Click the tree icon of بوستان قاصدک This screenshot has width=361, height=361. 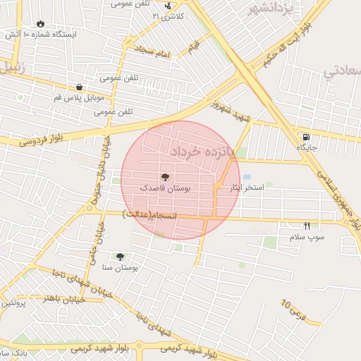point(165,177)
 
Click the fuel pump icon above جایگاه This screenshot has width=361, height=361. point(305,137)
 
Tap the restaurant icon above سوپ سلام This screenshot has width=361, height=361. point(307,226)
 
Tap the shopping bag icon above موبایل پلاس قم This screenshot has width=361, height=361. point(79,87)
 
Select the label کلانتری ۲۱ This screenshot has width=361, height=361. point(169,16)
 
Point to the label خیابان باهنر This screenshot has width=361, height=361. point(64,299)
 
